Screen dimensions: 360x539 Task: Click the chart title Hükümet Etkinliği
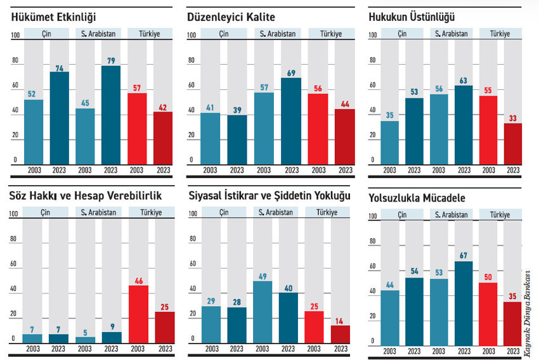click(x=54, y=17)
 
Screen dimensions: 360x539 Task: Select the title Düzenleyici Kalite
click(x=231, y=17)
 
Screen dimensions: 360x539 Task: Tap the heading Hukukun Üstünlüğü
click(x=412, y=17)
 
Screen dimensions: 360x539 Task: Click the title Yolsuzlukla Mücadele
click(x=417, y=198)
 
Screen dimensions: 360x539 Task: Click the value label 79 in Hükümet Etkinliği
click(x=111, y=61)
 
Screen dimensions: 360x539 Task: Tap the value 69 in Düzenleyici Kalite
click(x=292, y=73)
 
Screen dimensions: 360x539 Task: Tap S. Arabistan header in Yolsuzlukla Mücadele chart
click(x=451, y=215)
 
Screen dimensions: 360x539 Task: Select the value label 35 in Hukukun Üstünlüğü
click(x=390, y=115)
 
